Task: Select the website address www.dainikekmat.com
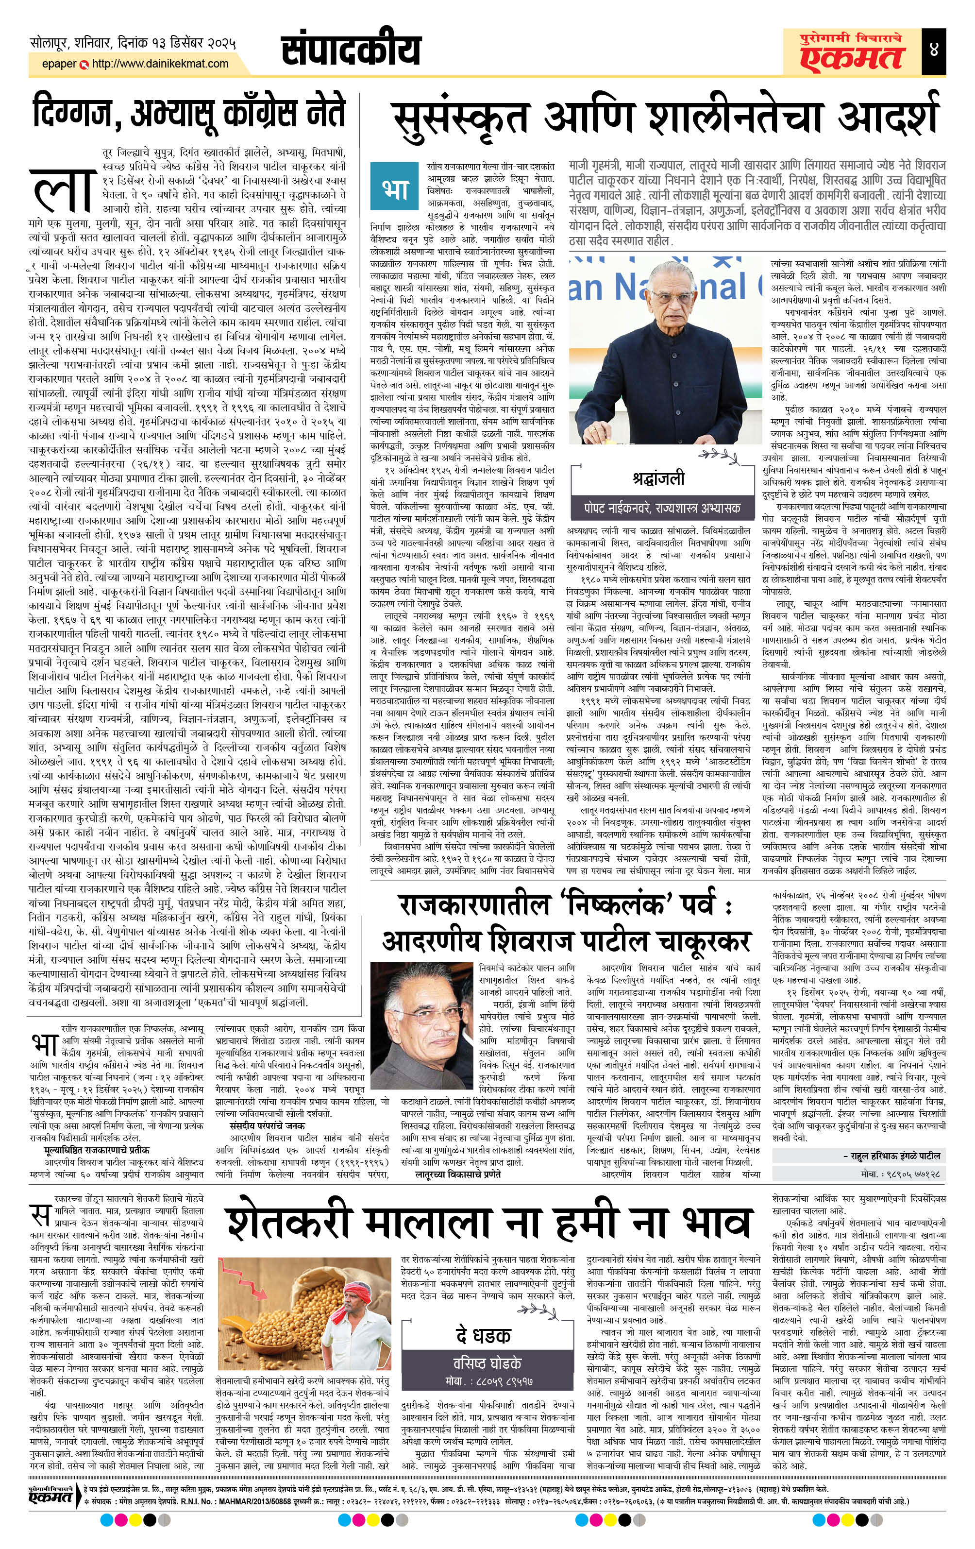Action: tap(160, 64)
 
